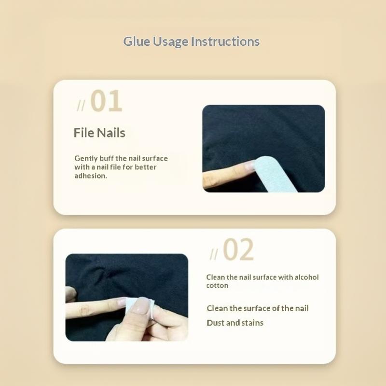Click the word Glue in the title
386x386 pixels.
point(137,41)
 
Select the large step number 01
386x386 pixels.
point(106,101)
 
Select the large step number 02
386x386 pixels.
point(238,249)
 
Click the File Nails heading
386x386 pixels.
point(99,133)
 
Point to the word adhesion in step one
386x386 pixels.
point(91,176)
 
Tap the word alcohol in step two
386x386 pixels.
point(306,277)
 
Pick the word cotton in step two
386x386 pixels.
point(217,286)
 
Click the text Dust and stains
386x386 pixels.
point(235,323)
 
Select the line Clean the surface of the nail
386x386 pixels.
point(258,308)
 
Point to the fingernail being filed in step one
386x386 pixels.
point(249,165)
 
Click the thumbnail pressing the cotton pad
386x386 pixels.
point(140,306)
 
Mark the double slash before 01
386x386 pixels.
point(81,106)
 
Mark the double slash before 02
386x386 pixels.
point(214,254)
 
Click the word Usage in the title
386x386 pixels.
point(171,41)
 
